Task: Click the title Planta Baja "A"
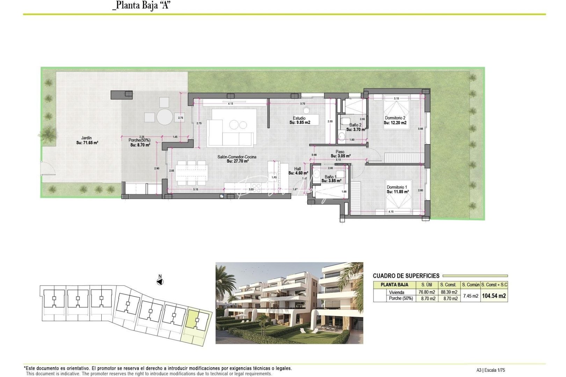141,6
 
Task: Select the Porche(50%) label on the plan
140,142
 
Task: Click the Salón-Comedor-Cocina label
237,159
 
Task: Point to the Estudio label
299,120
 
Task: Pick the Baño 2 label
355,127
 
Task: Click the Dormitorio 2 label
395,120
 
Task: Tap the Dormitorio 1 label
397,190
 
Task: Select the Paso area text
340,154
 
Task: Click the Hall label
298,171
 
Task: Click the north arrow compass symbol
160,281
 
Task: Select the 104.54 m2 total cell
494,296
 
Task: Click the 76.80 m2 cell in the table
427,292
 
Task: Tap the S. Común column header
470,285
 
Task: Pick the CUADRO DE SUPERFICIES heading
406,276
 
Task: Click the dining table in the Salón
191,172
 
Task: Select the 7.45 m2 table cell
470,296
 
